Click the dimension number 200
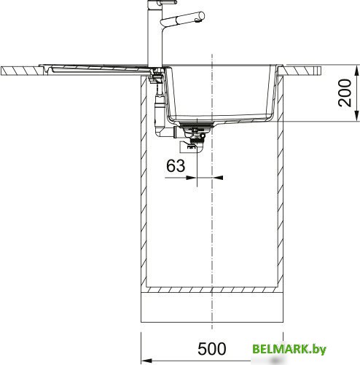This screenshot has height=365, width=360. click(x=345, y=93)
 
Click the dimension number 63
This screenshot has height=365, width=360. click(x=176, y=166)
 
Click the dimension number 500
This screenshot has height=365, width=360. click(x=212, y=349)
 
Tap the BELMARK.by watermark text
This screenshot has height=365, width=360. click(x=289, y=350)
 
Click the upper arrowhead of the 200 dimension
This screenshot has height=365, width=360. click(x=356, y=71)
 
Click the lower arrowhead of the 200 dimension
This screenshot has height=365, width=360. click(x=356, y=115)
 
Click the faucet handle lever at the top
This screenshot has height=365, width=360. click(x=166, y=2)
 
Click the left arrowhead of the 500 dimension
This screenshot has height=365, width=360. click(x=146, y=361)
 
